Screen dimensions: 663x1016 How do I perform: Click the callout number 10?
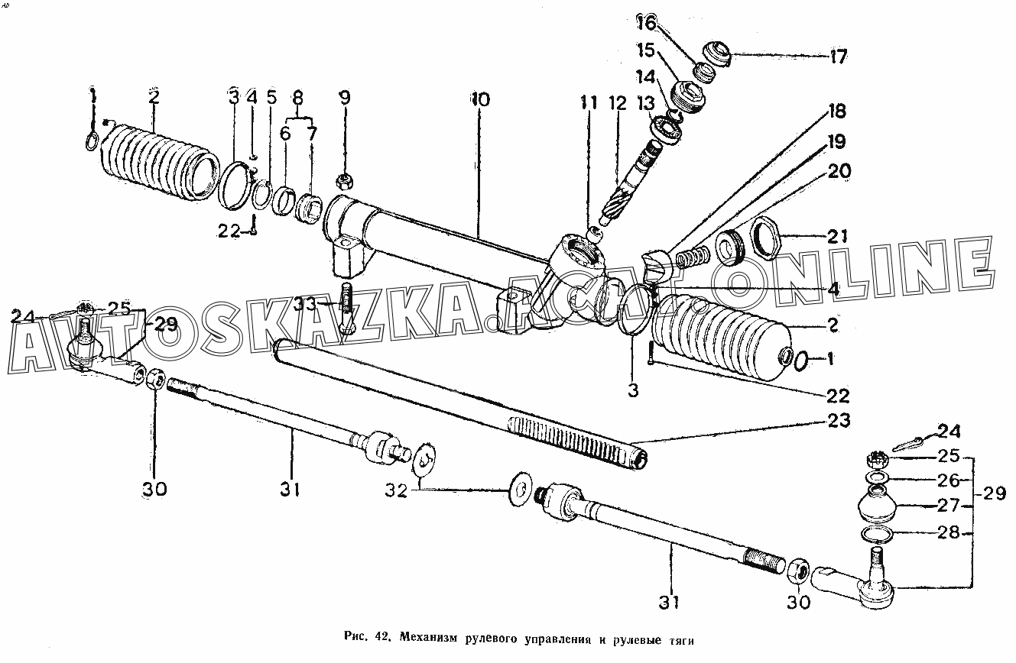481,99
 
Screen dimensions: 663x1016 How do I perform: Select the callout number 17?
839,56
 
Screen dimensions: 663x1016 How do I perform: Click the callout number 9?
345,98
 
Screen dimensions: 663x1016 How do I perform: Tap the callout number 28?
949,532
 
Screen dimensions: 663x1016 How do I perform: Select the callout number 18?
836,112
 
